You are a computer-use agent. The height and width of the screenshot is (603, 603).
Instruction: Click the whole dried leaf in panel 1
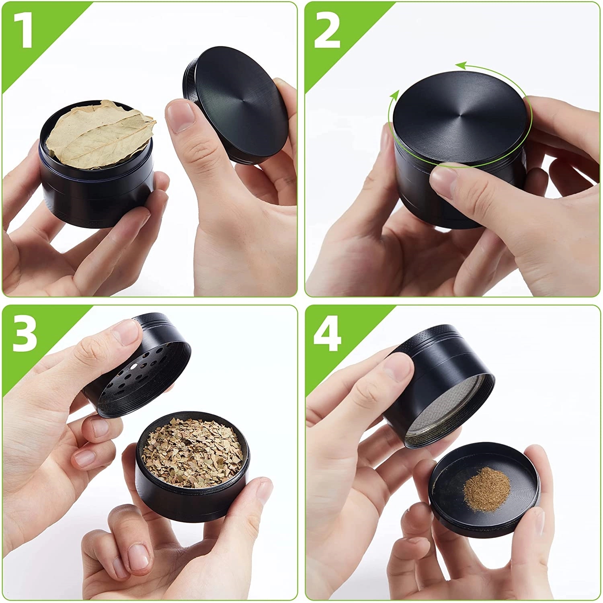(x=98, y=135)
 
